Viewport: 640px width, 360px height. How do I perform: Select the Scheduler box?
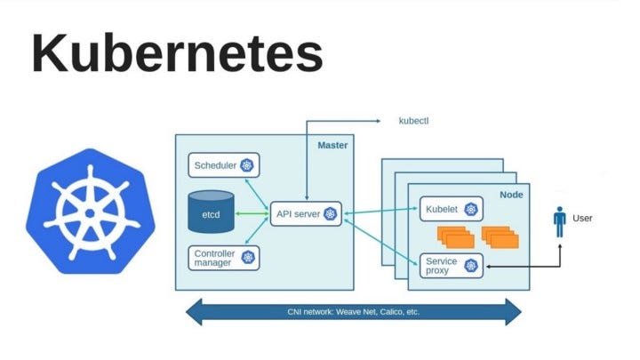[223, 165]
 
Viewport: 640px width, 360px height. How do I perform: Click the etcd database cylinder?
[211, 212]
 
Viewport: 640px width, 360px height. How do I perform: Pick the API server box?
[306, 213]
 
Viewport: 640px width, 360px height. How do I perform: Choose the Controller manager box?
[223, 259]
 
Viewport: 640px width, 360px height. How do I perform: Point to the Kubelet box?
[449, 210]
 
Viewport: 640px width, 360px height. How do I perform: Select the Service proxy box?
[449, 264]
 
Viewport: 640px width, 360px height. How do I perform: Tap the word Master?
[332, 145]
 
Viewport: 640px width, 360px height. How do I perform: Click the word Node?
[511, 195]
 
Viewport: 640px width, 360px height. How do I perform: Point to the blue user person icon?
[559, 221]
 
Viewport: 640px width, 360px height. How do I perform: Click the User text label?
[582, 218]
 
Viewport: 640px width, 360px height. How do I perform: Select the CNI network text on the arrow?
[353, 312]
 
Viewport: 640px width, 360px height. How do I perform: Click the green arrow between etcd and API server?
[252, 213]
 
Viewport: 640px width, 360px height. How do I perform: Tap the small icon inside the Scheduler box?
[246, 165]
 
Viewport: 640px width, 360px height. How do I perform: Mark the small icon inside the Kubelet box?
[470, 210]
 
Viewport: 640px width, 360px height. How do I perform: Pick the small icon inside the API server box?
[330, 213]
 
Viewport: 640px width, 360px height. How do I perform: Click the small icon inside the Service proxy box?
[470, 264]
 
